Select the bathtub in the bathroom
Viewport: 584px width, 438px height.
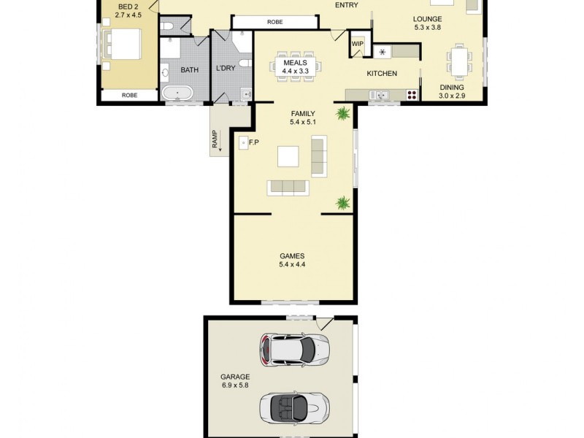pyautogui.click(x=177, y=93)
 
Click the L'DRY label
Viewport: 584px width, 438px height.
pyautogui.click(x=225, y=70)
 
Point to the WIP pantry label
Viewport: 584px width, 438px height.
pyautogui.click(x=358, y=45)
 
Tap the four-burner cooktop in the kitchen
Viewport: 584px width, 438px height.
pyautogui.click(x=412, y=94)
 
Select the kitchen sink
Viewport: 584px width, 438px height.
pyautogui.click(x=380, y=94)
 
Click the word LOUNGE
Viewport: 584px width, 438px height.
pyautogui.click(x=427, y=18)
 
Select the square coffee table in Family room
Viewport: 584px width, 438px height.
pyautogui.click(x=288, y=157)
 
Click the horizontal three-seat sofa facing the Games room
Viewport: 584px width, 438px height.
pyautogui.click(x=288, y=188)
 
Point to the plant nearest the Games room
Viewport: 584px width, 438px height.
pyautogui.click(x=342, y=203)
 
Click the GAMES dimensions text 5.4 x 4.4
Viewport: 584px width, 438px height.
pyautogui.click(x=291, y=265)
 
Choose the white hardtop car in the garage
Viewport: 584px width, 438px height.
pyautogui.click(x=295, y=350)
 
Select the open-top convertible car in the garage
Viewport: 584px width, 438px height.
pyautogui.click(x=296, y=407)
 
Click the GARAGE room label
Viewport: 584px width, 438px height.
pyautogui.click(x=235, y=377)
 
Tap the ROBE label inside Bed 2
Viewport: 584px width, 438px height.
pyautogui.click(x=129, y=95)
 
